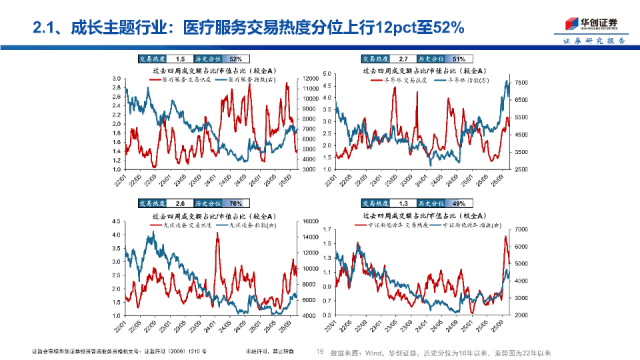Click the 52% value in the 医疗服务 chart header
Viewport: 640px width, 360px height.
[x=236, y=59]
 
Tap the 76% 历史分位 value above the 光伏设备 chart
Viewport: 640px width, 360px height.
[x=236, y=203]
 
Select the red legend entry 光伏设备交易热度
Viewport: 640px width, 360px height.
[x=181, y=225]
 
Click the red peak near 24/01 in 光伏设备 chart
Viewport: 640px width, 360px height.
[x=217, y=235]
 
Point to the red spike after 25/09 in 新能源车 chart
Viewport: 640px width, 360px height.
[x=505, y=237]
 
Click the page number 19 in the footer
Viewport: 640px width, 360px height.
[x=319, y=351]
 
